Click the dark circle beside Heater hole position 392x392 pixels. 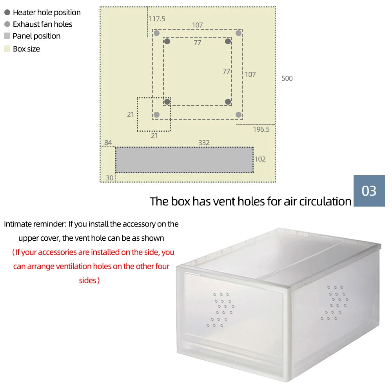click(7, 13)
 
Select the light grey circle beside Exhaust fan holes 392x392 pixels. click(7, 24)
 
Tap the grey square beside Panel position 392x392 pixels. click(7, 36)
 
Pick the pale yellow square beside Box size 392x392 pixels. click(7, 49)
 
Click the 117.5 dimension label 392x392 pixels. click(157, 19)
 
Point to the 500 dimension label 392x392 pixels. click(287, 78)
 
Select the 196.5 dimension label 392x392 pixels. click(261, 129)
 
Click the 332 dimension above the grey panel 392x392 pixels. click(204, 143)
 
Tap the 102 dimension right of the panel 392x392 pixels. click(260, 159)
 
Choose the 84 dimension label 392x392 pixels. click(108, 143)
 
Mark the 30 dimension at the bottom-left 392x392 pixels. click(110, 178)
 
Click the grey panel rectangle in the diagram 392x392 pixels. click(184, 160)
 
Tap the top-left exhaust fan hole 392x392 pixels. click(156, 33)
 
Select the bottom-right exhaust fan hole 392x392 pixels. click(238, 114)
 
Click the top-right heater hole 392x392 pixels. click(228, 42)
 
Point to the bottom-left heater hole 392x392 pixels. click(167, 102)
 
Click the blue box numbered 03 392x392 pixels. click(369, 191)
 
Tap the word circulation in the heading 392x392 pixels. click(325, 201)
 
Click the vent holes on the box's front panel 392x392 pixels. click(221, 310)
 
